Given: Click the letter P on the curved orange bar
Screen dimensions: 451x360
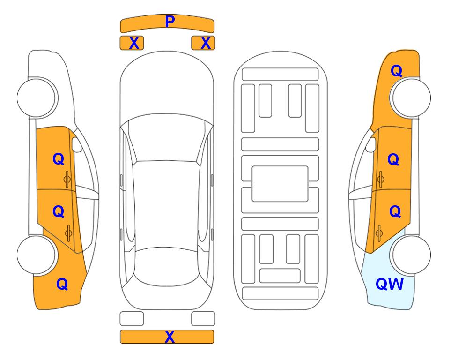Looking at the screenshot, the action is pyautogui.click(x=170, y=22).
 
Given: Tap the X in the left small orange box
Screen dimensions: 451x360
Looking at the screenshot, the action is pyautogui.click(x=134, y=43).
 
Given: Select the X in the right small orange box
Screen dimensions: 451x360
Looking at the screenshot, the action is pyautogui.click(x=206, y=43).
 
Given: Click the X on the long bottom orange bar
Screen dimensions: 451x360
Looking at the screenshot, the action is pyautogui.click(x=170, y=337).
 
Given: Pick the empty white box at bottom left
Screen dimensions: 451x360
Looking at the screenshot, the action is pyautogui.click(x=132, y=319).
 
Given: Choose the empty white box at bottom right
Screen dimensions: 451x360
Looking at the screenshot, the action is pyautogui.click(x=203, y=319).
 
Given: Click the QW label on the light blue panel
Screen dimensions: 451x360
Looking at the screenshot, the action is pyautogui.click(x=390, y=284).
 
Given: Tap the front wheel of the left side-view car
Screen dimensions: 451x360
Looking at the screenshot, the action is pyautogui.click(x=37, y=97).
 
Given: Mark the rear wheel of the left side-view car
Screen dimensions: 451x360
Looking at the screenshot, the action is pyautogui.click(x=37, y=255).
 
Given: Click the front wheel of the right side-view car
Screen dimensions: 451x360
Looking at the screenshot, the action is pyautogui.click(x=410, y=97).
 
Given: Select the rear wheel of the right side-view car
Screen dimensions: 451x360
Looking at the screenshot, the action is pyautogui.click(x=410, y=255).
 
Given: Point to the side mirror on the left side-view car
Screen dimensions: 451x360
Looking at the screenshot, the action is pyautogui.click(x=76, y=144).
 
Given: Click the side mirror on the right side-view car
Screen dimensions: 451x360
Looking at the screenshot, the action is pyautogui.click(x=371, y=144).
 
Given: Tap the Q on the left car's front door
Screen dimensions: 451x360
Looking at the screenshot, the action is pyautogui.click(x=59, y=159).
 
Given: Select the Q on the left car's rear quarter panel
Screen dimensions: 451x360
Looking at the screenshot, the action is pyautogui.click(x=62, y=284).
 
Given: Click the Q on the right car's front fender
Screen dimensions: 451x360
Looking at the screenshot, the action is pyautogui.click(x=396, y=71).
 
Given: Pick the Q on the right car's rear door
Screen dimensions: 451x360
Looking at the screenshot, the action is pyautogui.click(x=395, y=212).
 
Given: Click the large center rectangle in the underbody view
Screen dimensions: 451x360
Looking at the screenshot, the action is pyautogui.click(x=280, y=184).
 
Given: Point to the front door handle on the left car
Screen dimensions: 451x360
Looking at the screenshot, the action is pyautogui.click(x=67, y=179).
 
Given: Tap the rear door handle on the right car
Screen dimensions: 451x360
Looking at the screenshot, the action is pyautogui.click(x=379, y=233).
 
